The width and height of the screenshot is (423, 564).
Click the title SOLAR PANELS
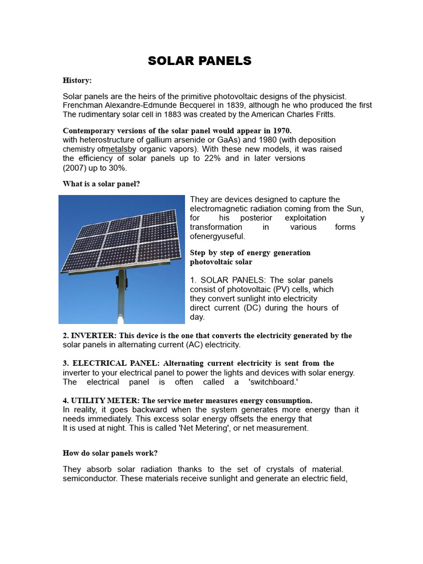[x=199, y=61]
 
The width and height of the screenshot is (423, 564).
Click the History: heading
[x=77, y=80]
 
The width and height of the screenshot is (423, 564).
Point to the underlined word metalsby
[x=120, y=149]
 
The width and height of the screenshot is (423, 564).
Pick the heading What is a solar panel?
[x=101, y=184]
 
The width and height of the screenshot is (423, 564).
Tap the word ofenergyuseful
[x=218, y=236]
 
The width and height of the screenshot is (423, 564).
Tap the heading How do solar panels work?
[x=110, y=453]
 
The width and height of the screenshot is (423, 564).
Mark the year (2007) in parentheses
[x=74, y=168]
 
